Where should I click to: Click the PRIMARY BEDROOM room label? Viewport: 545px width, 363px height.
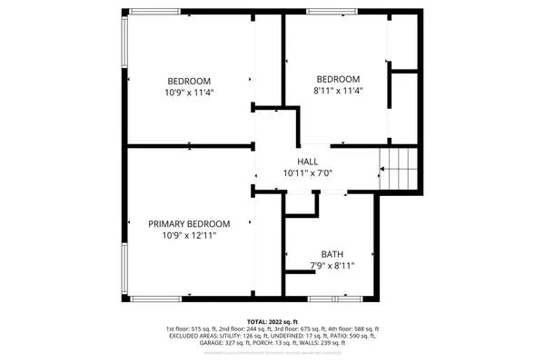(x=189, y=223)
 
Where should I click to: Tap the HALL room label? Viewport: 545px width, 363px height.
(x=308, y=161)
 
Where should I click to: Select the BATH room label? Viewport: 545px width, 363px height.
(x=332, y=254)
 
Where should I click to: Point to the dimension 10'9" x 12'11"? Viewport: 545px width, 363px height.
(x=189, y=236)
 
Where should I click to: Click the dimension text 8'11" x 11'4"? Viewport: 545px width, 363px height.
(x=338, y=91)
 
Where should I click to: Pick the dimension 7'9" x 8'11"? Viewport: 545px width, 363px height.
(x=332, y=267)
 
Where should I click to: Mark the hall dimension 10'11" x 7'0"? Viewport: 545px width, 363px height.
(x=308, y=172)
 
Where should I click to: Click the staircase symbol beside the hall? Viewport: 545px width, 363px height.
(x=400, y=170)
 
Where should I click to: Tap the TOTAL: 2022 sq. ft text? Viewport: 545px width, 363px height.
(x=272, y=321)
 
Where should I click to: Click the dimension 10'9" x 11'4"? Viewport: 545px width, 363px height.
(x=189, y=92)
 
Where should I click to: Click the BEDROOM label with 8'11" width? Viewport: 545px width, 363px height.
(x=338, y=78)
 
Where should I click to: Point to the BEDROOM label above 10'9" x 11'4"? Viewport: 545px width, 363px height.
(x=189, y=79)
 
